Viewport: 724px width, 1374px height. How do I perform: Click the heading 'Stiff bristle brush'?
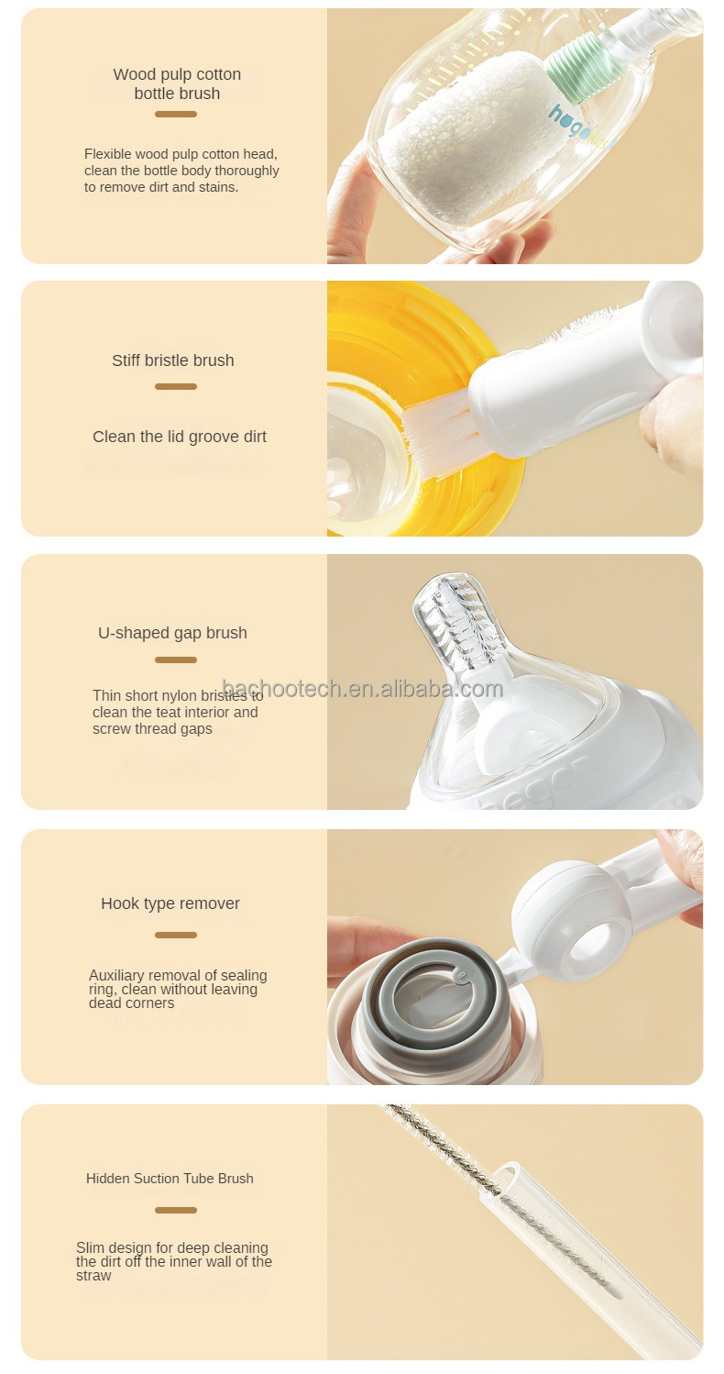tap(172, 360)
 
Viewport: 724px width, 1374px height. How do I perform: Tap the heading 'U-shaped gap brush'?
tap(172, 633)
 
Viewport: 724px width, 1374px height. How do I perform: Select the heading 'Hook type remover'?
tap(170, 903)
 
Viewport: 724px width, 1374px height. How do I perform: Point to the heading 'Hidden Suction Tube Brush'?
tap(170, 1179)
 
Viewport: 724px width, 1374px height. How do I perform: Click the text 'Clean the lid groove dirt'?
tap(180, 437)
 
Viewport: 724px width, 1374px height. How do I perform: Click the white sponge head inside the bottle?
tap(459, 138)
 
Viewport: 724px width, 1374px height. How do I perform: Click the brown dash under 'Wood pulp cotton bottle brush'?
tap(176, 115)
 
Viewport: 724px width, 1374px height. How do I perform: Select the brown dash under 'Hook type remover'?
tap(176, 936)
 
